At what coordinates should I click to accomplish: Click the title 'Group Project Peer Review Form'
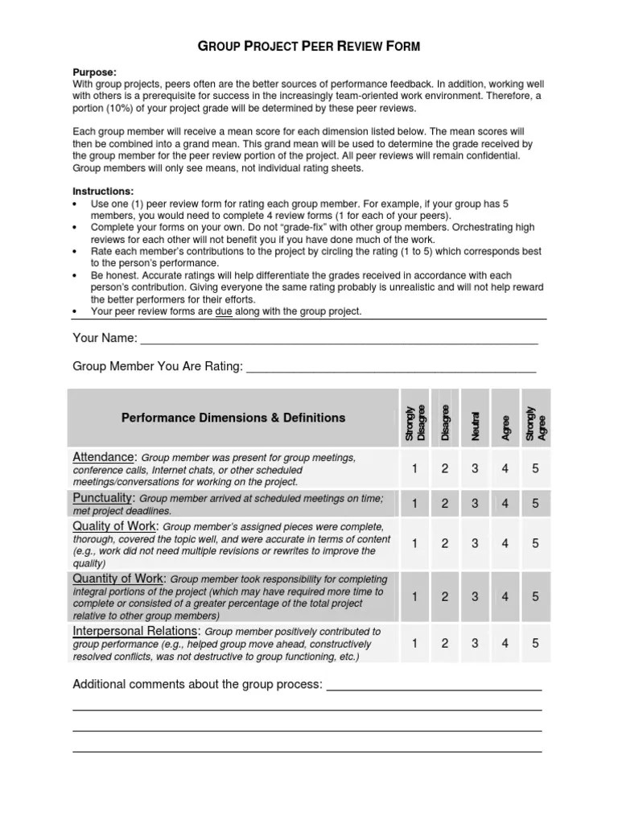click(x=310, y=47)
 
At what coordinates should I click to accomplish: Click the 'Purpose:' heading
click(x=95, y=71)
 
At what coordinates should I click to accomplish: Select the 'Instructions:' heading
click(x=103, y=192)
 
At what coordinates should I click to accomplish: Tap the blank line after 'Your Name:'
click(x=338, y=338)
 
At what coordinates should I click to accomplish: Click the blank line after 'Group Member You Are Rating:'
click(x=391, y=367)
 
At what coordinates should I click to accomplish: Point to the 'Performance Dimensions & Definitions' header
click(x=233, y=418)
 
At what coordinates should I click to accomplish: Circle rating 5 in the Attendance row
click(x=535, y=469)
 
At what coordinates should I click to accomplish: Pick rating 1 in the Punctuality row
click(x=414, y=504)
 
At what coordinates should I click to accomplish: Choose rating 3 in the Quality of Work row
click(x=475, y=544)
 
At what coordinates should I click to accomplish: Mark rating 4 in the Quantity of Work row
click(x=505, y=597)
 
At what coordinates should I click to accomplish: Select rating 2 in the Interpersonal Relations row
click(x=444, y=644)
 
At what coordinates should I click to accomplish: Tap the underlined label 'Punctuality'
click(x=103, y=498)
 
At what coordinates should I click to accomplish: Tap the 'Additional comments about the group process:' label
click(x=198, y=685)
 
